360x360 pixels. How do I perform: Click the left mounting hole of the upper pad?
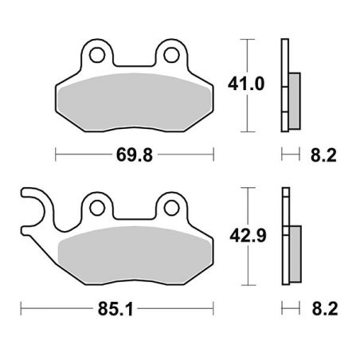coord(98,56)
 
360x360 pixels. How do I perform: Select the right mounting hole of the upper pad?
coord(170,56)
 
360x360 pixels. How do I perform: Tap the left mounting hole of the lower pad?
coord(97,209)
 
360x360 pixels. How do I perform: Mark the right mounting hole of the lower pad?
coord(170,209)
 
